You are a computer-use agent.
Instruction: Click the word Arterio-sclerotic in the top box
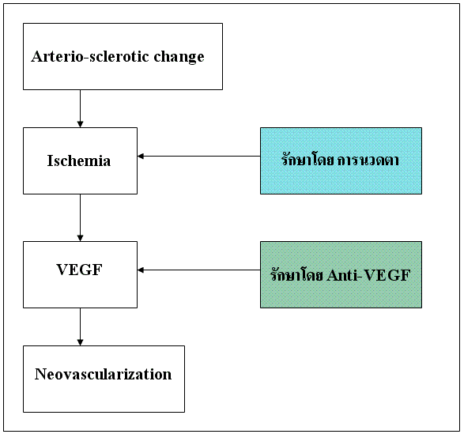click(x=90, y=56)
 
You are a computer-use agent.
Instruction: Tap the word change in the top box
click(x=179, y=57)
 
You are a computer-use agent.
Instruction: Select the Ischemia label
click(x=79, y=160)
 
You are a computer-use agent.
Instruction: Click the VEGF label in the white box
click(x=79, y=270)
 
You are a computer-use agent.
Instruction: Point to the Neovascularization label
click(x=103, y=374)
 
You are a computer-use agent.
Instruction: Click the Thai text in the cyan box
click(x=340, y=159)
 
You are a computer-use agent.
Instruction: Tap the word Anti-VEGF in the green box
click(x=368, y=275)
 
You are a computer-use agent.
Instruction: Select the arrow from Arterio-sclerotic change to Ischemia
click(x=80, y=108)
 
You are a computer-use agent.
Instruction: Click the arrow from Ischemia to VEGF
click(x=80, y=217)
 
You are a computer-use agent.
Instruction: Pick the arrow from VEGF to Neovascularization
click(x=80, y=326)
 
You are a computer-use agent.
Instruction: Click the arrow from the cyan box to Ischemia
click(x=199, y=156)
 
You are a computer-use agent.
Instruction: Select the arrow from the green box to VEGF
click(x=199, y=270)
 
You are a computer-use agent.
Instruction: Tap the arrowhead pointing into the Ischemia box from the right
click(x=141, y=156)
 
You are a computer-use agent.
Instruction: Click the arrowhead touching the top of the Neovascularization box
click(x=80, y=342)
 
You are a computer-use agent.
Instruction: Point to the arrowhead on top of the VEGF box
click(x=80, y=238)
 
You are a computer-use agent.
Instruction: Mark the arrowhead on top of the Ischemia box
click(x=80, y=124)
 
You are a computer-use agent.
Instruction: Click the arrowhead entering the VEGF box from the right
click(x=141, y=270)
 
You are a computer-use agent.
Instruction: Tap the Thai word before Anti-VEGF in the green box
click(x=296, y=274)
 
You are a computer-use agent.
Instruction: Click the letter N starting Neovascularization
click(x=40, y=374)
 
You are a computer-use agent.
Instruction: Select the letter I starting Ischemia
click(x=51, y=160)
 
